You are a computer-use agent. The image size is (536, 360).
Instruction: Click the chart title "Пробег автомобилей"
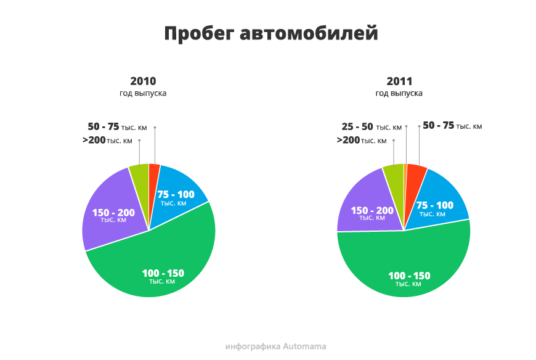271,34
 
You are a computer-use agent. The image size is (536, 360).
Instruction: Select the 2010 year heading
143,81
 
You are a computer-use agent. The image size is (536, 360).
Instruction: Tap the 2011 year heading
399,81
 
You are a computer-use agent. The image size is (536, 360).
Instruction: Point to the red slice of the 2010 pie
153,178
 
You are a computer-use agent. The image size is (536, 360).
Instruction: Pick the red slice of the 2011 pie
413,181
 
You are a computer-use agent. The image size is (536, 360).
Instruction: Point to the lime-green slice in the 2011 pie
395,181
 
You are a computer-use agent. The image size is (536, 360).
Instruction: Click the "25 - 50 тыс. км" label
372,127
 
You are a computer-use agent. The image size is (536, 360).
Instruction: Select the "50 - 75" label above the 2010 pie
104,126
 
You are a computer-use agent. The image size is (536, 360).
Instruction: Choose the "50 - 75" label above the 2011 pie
438,126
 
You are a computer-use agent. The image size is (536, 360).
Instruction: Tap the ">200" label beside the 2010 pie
94,140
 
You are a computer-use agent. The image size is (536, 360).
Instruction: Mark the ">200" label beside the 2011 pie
348,140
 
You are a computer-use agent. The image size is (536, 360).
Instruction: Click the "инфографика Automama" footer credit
275,346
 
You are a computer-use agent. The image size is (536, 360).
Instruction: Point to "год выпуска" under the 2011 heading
399,93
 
